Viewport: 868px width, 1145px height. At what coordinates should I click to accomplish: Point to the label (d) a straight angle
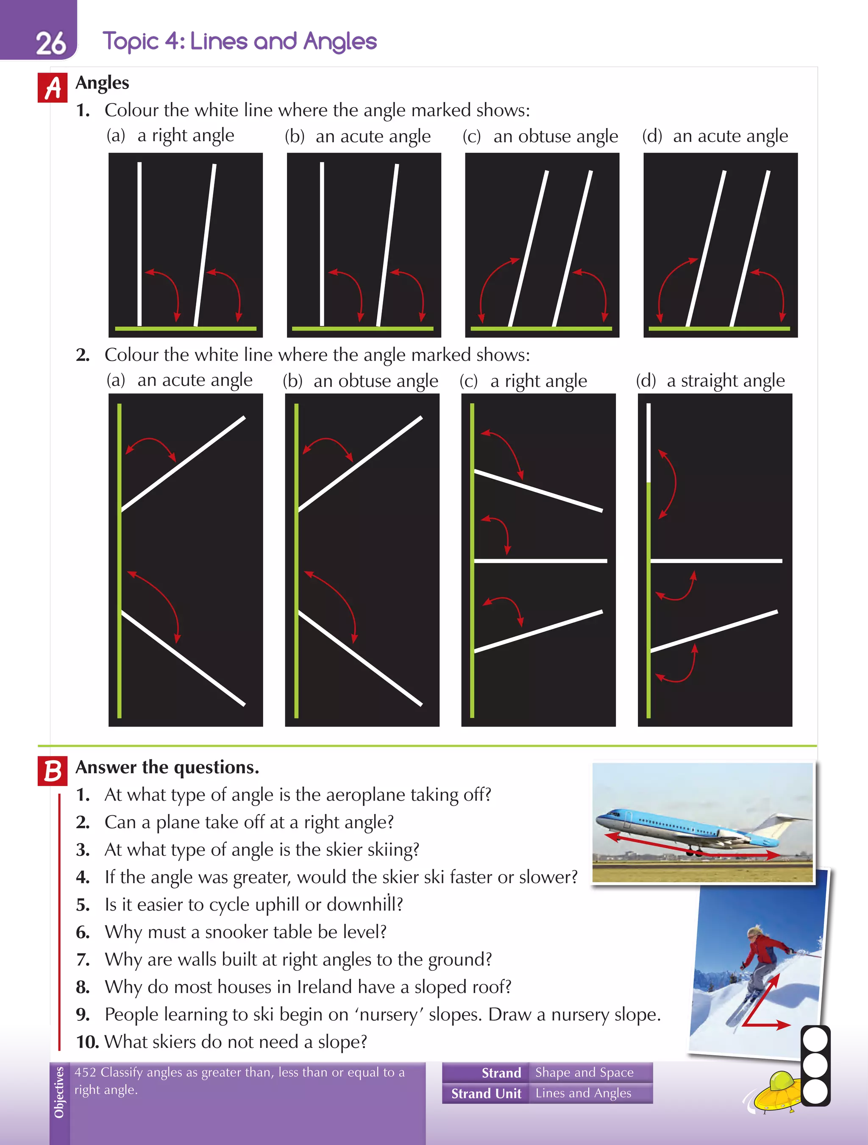point(710,381)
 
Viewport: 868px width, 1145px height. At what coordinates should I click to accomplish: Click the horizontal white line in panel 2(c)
point(540,560)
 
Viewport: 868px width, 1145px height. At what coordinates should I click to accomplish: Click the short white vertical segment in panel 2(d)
point(648,443)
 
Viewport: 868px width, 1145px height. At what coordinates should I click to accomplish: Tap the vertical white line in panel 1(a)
point(139,243)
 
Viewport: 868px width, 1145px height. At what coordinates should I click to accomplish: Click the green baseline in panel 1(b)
point(362,328)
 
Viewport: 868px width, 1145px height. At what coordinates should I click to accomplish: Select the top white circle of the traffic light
point(815,1040)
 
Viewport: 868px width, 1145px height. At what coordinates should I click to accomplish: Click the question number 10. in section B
point(87,1042)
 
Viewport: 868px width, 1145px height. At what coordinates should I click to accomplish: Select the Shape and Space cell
point(584,1072)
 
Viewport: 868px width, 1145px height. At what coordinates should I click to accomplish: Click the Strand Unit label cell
point(486,1093)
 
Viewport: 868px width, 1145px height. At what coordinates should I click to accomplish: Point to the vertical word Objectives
point(59,1092)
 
